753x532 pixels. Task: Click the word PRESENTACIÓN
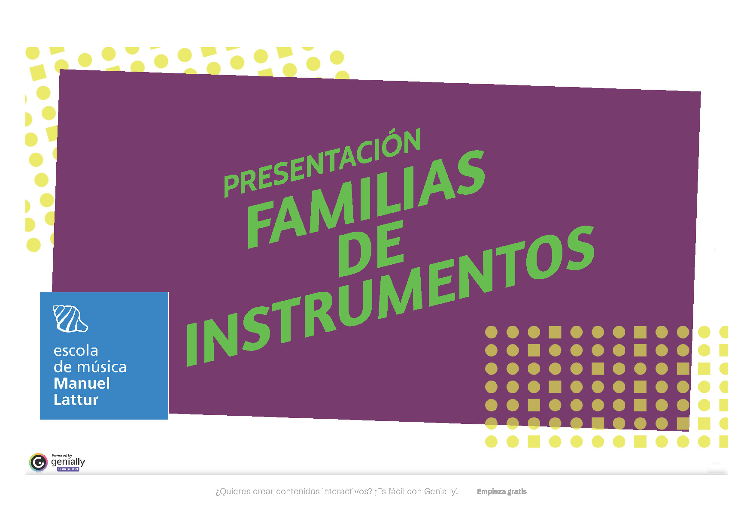[322, 163]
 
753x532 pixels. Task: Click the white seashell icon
[70, 318]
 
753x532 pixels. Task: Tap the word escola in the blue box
[76, 351]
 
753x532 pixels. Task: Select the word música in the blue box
[102, 367]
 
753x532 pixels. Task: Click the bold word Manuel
[82, 383]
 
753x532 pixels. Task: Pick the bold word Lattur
[76, 399]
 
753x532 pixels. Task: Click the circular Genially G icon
[38, 462]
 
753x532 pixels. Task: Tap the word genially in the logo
[68, 462]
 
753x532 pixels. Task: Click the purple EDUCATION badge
[68, 469]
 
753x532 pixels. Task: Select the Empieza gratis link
[501, 492]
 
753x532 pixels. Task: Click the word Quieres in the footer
[233, 492]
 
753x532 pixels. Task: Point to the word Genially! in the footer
[441, 492]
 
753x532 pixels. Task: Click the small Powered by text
[62, 455]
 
